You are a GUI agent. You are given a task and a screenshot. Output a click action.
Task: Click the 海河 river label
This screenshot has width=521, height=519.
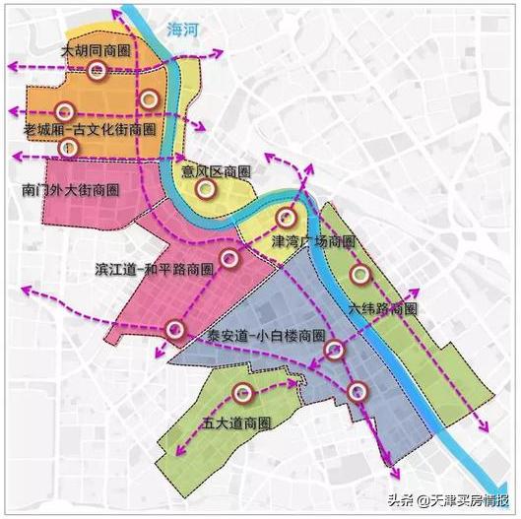pyautogui.click(x=182, y=31)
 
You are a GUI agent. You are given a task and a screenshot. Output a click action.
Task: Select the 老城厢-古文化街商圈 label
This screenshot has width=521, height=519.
pyautogui.click(x=89, y=129)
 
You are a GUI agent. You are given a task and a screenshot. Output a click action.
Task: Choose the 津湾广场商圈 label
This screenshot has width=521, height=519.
pyautogui.click(x=313, y=242)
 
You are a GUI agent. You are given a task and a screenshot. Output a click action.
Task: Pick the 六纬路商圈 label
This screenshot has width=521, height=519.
pyautogui.click(x=383, y=308)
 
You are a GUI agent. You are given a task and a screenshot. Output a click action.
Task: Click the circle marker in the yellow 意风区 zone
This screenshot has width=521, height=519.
pyautogui.click(x=205, y=190)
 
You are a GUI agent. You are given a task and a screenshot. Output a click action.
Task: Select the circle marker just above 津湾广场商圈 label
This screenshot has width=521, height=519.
pyautogui.click(x=286, y=219)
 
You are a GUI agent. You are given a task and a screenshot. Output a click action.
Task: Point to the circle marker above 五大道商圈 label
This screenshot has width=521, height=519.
pyautogui.click(x=243, y=395)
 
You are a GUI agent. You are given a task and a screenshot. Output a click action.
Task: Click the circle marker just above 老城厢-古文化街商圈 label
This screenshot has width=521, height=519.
pyautogui.click(x=65, y=112)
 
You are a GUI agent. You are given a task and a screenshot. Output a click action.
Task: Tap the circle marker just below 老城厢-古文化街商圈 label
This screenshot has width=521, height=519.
pyautogui.click(x=68, y=148)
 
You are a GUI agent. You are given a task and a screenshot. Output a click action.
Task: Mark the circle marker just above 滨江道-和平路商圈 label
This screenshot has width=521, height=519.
pyautogui.click(x=228, y=259)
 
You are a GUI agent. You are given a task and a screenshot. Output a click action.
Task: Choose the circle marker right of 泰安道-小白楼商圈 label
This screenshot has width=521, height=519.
pyautogui.click(x=334, y=348)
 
